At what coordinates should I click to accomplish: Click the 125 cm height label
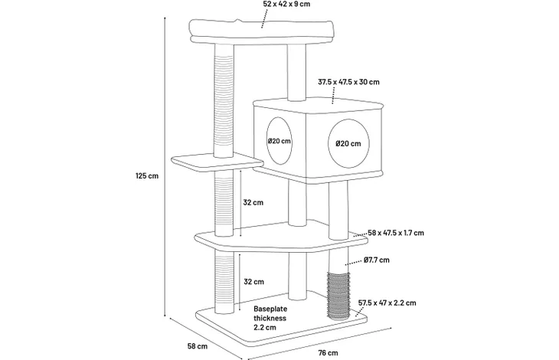[x=147, y=175]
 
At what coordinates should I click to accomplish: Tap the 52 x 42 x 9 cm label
[x=286, y=4]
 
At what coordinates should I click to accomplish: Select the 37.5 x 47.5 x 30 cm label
[x=348, y=82]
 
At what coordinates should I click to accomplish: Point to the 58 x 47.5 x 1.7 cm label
[x=396, y=233]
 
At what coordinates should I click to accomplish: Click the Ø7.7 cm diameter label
[x=377, y=260]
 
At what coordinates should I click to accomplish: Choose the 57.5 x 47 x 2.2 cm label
[x=387, y=303]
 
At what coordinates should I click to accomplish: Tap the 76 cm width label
[x=328, y=353]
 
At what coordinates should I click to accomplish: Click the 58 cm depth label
[x=197, y=345]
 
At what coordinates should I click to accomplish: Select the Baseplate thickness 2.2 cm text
[x=270, y=318]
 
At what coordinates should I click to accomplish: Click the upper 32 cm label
[x=253, y=202]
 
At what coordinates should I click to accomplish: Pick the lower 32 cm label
[x=253, y=282]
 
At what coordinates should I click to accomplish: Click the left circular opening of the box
[x=279, y=141]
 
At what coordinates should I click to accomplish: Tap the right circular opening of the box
[x=348, y=144]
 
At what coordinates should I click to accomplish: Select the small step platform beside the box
[x=217, y=162]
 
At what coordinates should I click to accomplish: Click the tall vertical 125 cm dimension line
[x=165, y=166]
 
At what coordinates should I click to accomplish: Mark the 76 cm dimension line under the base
[x=320, y=343]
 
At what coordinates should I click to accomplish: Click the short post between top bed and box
[x=296, y=73]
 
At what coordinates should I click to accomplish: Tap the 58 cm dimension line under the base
[x=207, y=338]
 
